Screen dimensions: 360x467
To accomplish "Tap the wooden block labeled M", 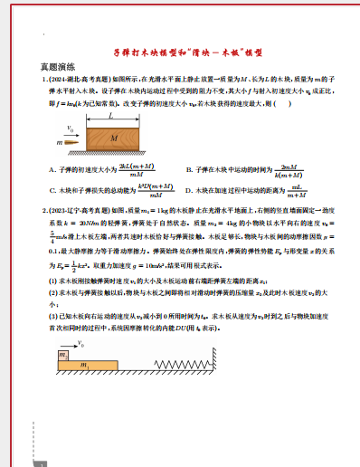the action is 113,138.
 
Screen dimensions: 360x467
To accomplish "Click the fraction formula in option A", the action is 111,169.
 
